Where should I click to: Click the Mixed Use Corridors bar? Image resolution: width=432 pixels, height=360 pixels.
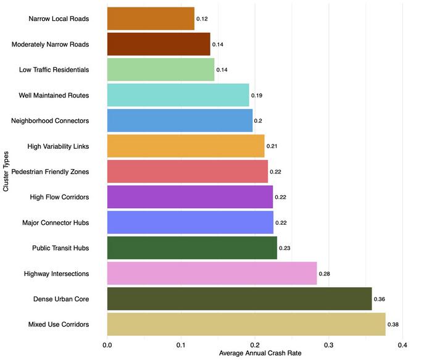246,324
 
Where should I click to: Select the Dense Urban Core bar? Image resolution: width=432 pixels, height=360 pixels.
239,299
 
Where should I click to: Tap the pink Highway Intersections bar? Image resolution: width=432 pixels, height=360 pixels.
212,273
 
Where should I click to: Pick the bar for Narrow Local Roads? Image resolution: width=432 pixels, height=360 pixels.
151,19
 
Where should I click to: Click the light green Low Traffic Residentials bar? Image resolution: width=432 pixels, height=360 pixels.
160,70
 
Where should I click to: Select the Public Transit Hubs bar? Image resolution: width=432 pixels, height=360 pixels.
192,248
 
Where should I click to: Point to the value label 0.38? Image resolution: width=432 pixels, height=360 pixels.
393,324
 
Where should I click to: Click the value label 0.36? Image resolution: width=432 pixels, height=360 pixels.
380,299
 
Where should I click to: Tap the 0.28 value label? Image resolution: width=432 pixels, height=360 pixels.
324,273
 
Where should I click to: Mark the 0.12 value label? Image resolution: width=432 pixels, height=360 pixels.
202,19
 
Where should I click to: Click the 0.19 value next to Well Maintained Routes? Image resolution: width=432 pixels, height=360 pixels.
257,96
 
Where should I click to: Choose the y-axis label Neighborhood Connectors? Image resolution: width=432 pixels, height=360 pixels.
50,120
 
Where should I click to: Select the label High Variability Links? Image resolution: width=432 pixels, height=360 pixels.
58,146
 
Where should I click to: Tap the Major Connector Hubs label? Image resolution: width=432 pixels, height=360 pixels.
56,222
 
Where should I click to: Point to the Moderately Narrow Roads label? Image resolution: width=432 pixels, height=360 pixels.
51,44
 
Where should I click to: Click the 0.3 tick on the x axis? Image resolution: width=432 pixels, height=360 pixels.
328,345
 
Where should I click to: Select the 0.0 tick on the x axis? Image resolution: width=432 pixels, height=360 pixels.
107,345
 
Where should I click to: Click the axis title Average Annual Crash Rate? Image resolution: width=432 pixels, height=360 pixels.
254,354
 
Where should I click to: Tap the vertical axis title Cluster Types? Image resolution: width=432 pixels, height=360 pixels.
6,171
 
